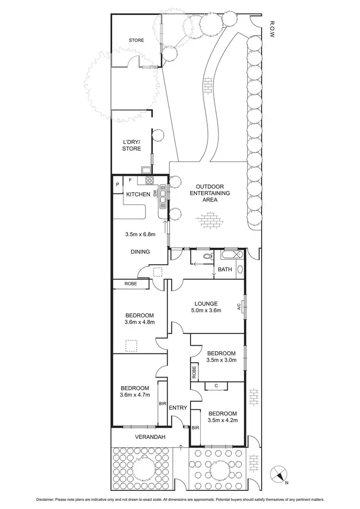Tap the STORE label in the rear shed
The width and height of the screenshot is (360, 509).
click(136, 40)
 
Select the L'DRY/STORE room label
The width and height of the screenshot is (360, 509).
click(131, 145)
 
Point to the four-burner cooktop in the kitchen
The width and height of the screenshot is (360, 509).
click(149, 181)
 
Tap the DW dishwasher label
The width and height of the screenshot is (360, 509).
click(155, 194)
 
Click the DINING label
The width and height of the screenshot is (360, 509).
click(140, 252)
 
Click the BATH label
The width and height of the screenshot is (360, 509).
click(225, 269)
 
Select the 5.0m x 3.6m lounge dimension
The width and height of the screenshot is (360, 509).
click(206, 311)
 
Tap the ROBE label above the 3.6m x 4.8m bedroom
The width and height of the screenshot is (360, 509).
click(131, 284)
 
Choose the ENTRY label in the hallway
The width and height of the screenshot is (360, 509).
click(178, 408)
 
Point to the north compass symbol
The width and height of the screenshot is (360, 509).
click(279, 475)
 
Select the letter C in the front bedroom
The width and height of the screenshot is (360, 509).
click(216, 386)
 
